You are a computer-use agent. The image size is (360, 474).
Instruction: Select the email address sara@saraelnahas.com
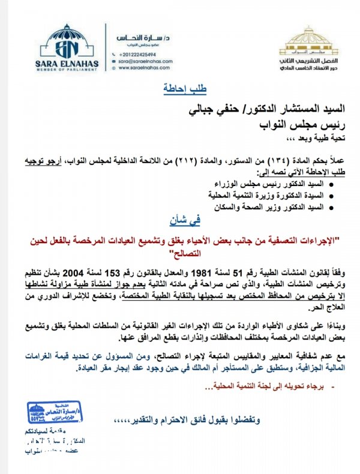(x=145, y=61)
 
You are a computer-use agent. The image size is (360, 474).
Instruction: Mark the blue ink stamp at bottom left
(x=52, y=415)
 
